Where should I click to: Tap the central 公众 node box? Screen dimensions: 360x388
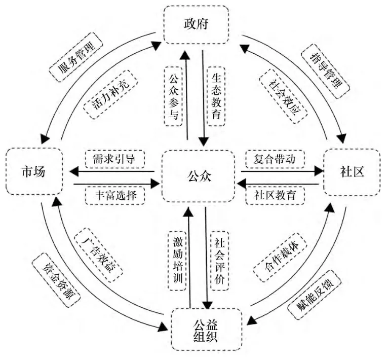pos(198,177)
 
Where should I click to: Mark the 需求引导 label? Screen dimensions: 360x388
pos(112,158)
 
